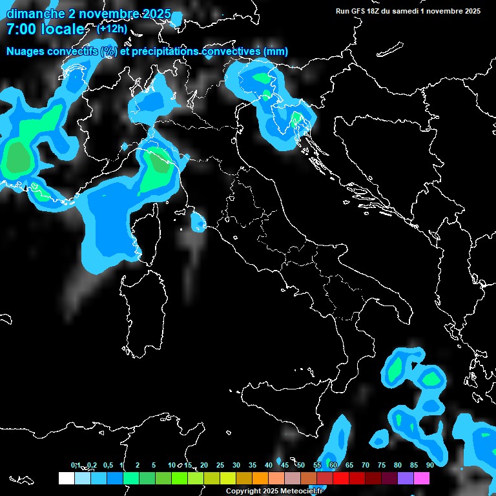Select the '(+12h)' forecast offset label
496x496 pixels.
(112, 29)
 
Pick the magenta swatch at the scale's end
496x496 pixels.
(421, 479)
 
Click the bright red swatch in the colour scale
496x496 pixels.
(341, 479)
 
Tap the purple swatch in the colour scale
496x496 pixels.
(405, 479)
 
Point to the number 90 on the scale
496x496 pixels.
(429, 465)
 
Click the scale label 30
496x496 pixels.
(236, 465)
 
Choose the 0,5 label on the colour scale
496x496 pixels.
(107, 465)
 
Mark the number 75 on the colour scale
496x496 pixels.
(381, 465)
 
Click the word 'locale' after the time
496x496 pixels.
(61, 29)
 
